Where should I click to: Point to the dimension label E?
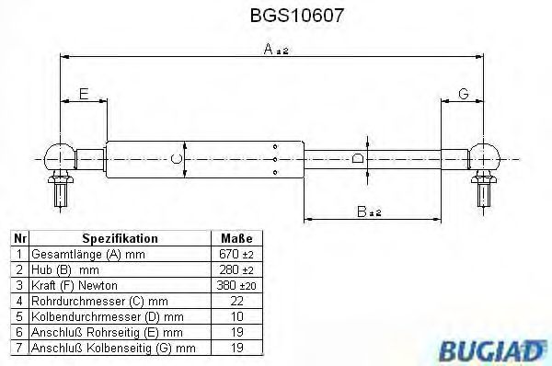point(84,94)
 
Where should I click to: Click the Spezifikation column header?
point(121,237)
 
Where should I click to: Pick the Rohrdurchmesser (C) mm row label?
point(101,300)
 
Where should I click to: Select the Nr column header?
point(18,237)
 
